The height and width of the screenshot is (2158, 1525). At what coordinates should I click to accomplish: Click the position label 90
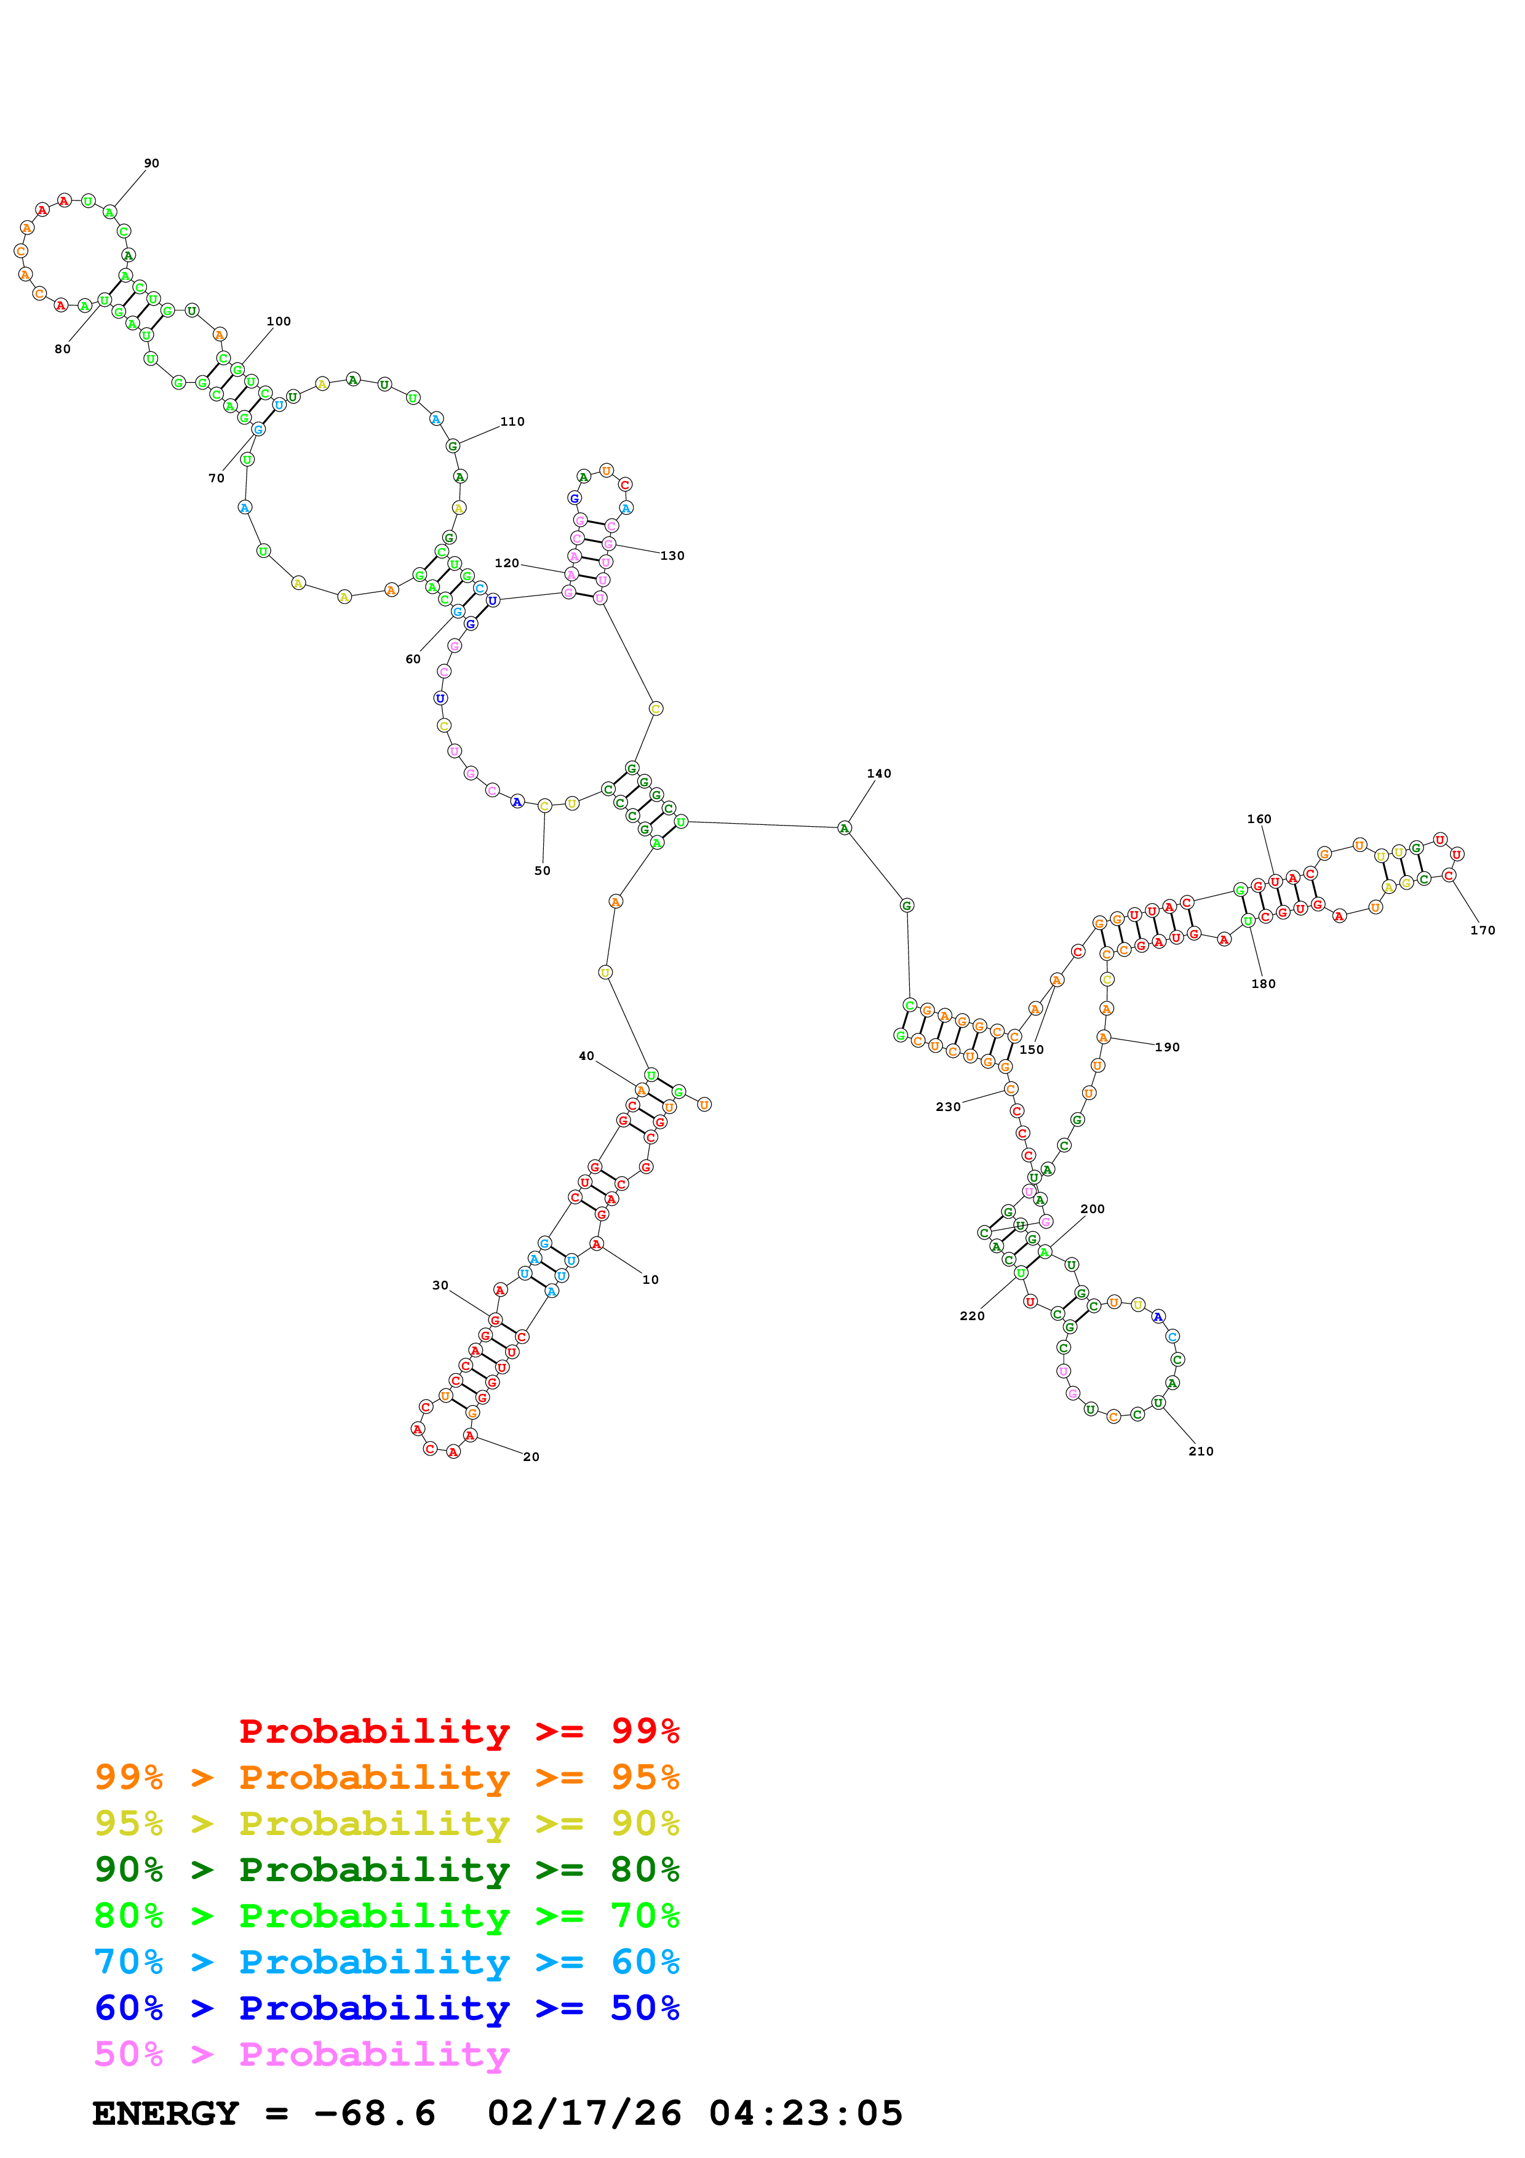(x=151, y=164)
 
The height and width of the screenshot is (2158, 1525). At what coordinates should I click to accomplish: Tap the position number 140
(x=878, y=773)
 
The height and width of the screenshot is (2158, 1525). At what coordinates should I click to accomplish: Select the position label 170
(x=1482, y=931)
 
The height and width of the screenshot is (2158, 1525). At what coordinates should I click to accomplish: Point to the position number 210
(x=1201, y=1451)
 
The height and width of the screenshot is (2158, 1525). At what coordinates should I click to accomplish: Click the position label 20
(x=531, y=1457)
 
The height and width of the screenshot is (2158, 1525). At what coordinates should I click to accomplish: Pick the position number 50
(x=542, y=870)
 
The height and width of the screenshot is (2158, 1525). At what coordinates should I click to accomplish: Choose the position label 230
(x=948, y=1107)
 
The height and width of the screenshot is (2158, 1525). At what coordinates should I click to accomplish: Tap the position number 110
(x=512, y=422)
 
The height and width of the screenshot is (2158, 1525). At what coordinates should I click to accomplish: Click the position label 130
(x=672, y=555)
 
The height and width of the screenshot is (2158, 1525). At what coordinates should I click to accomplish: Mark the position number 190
(x=1167, y=1047)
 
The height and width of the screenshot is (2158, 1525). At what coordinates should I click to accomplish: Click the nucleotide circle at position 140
(x=844, y=828)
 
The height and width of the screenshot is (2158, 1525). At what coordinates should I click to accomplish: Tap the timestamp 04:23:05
(x=805, y=2114)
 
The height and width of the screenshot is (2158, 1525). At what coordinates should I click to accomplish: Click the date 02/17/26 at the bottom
(x=584, y=2114)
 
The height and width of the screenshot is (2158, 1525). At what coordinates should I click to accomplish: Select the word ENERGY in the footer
(x=165, y=2114)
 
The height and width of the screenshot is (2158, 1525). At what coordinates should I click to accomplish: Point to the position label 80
(x=62, y=349)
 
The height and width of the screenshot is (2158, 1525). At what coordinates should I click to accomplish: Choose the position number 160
(x=1259, y=819)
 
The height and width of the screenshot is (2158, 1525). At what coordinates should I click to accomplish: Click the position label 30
(x=440, y=1285)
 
